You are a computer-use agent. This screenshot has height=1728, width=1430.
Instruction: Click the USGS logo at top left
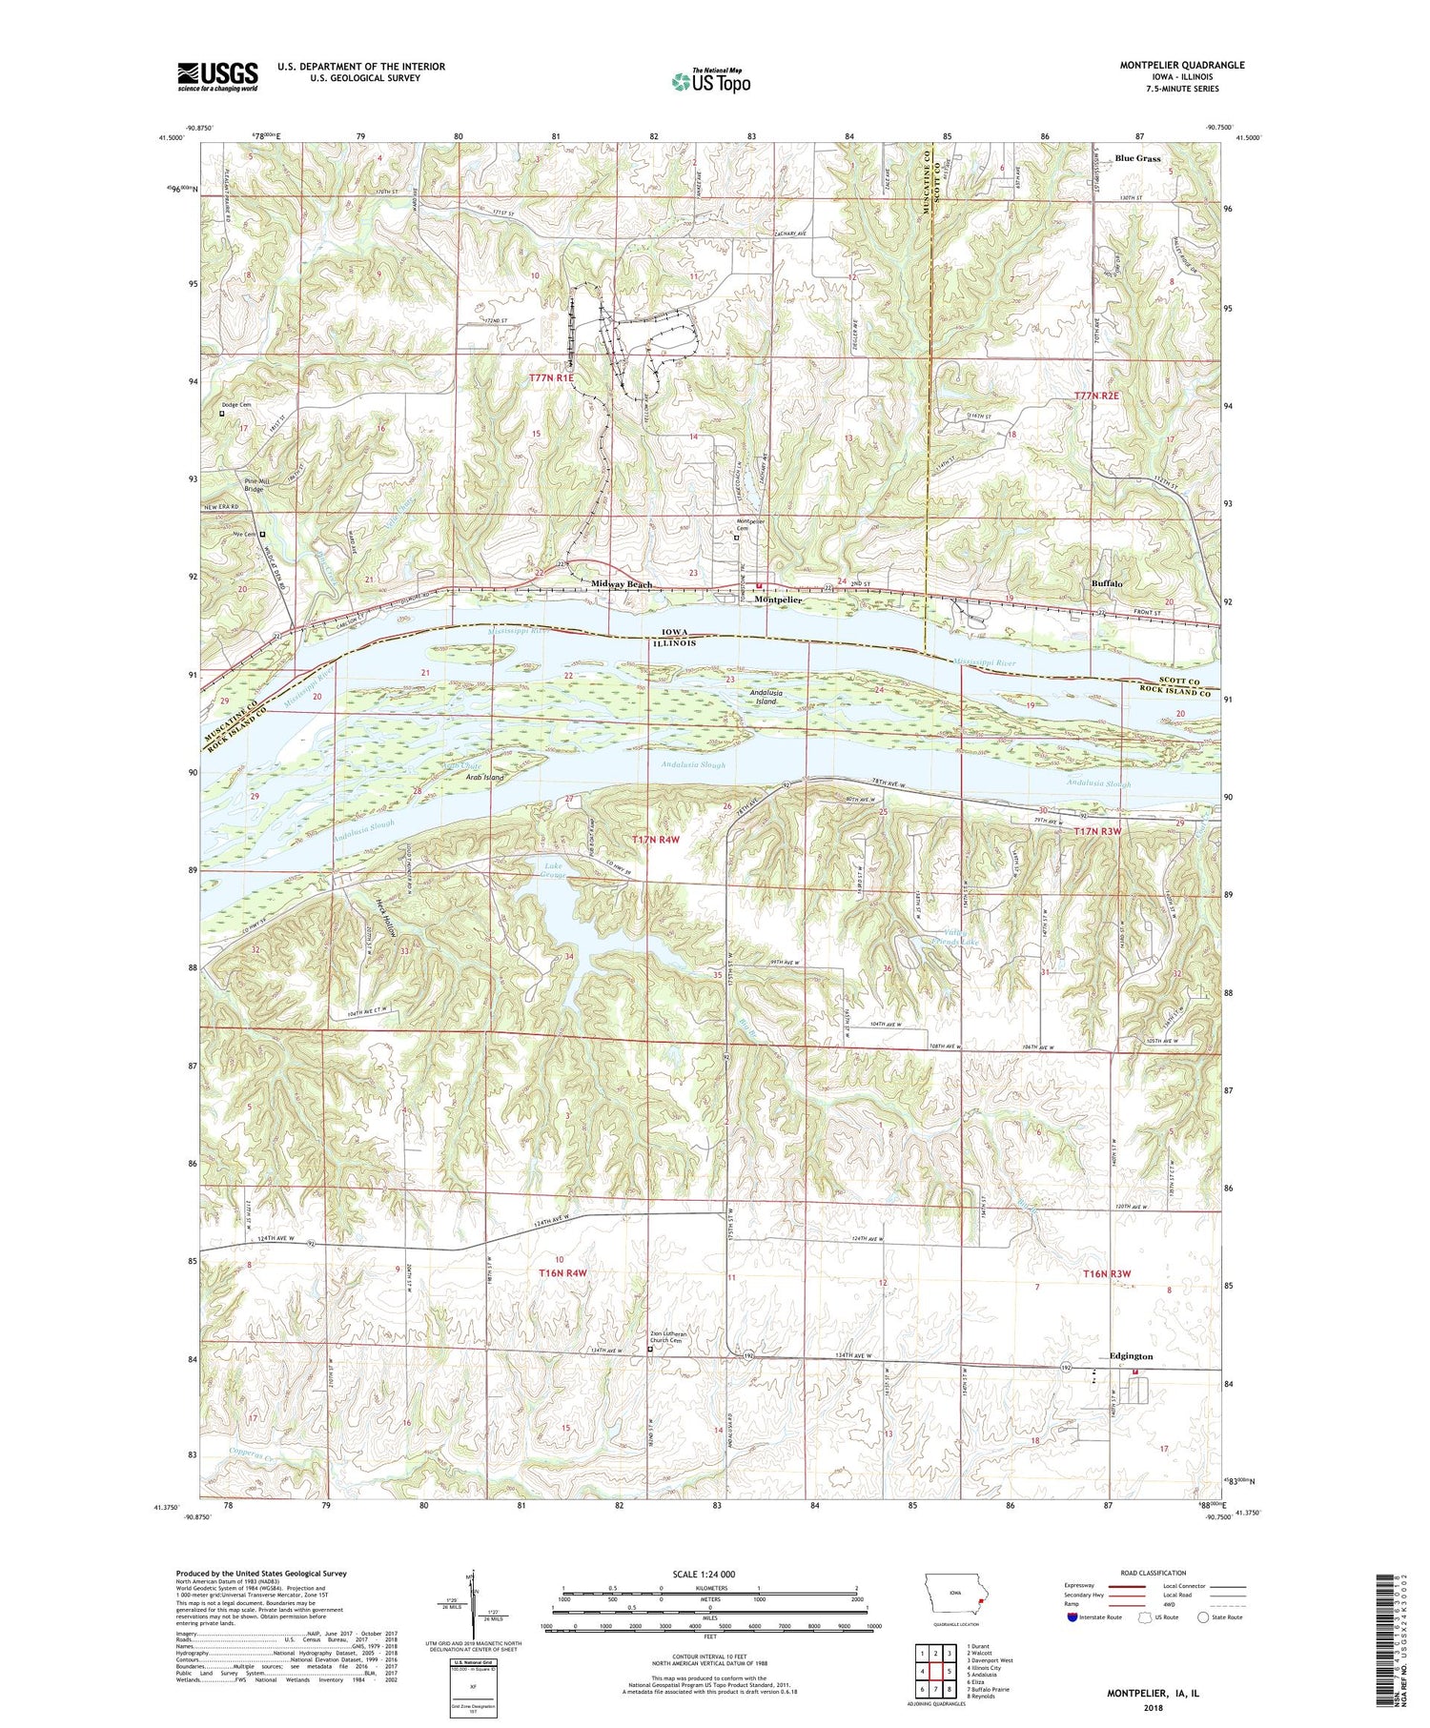[x=217, y=76]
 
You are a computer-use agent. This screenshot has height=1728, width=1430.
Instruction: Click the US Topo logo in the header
[x=710, y=82]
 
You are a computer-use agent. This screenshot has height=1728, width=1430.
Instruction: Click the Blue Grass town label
[x=1137, y=158]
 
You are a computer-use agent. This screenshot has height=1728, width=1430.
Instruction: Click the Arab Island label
[x=484, y=778]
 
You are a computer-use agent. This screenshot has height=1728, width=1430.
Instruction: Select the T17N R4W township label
[x=656, y=839]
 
